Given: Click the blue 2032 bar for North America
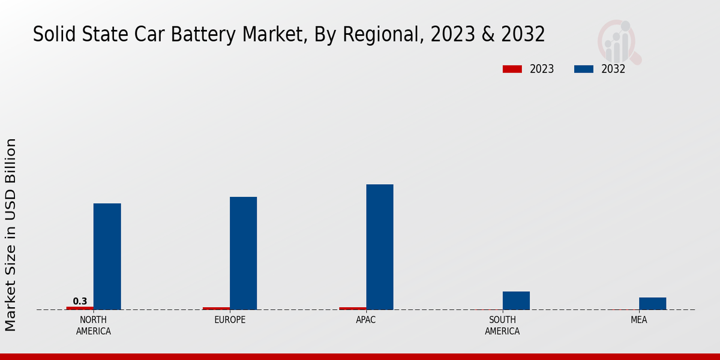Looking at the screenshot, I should (107, 256).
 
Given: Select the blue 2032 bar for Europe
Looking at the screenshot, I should (243, 253).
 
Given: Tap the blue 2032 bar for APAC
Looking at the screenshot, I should (380, 247).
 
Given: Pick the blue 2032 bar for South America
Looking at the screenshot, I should (516, 301).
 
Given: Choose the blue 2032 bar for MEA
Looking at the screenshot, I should (652, 304).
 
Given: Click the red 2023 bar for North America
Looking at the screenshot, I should (80, 308).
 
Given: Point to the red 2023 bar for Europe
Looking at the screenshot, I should (216, 308).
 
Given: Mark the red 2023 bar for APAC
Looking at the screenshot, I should (352, 308).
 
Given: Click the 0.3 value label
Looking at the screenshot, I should (80, 301).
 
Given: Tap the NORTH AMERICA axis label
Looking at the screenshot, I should (94, 326).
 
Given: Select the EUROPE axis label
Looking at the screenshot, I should (230, 320).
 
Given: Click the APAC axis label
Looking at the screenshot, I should (366, 320).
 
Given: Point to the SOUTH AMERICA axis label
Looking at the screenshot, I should (502, 326).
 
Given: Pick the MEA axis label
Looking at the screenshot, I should (638, 320).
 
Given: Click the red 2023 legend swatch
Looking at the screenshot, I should (512, 69).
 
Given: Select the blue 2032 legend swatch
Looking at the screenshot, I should (583, 69).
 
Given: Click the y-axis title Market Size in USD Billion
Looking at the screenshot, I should (11, 234).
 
